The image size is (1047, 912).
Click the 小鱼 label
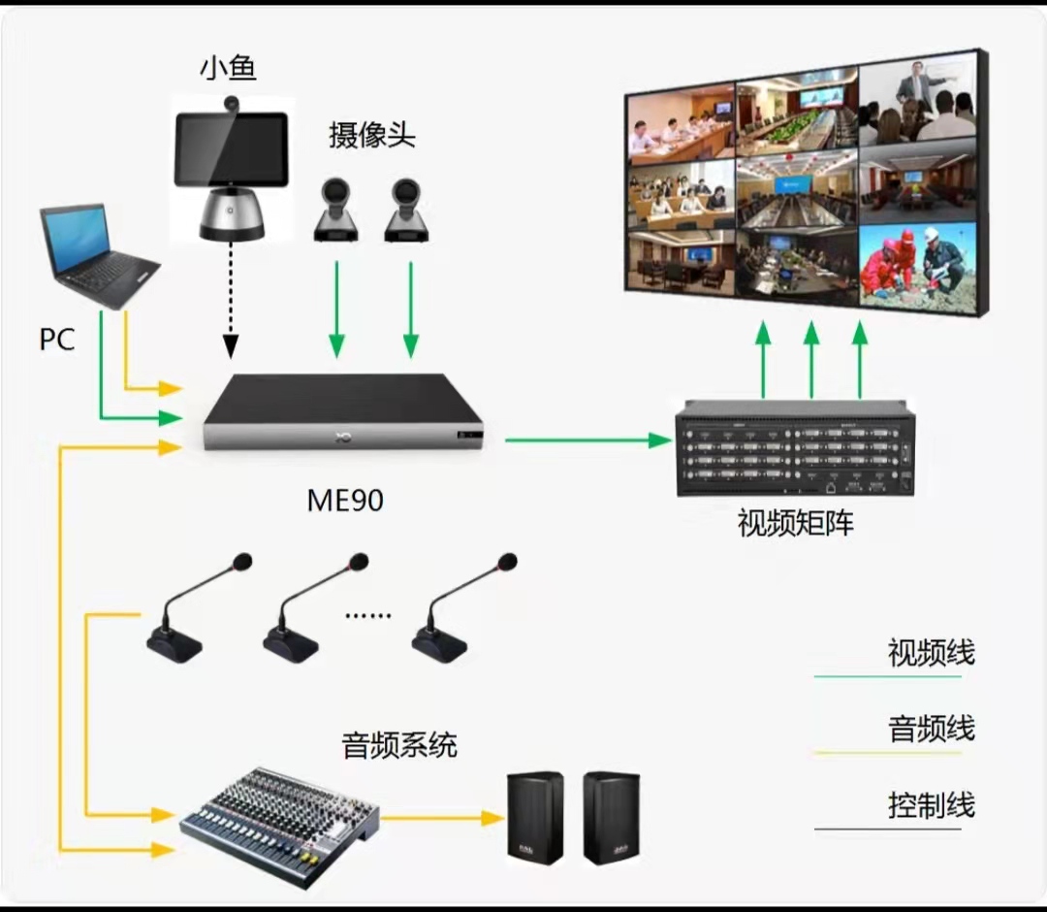[x=229, y=68]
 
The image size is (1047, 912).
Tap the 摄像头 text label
[x=372, y=135]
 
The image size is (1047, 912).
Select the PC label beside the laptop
[x=57, y=340]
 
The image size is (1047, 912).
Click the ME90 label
[x=345, y=500]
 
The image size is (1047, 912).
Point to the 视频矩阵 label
[x=795, y=524]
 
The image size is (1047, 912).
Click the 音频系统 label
[x=399, y=746]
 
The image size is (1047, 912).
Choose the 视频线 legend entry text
[x=931, y=653]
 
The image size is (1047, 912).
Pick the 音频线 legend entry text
[x=931, y=729]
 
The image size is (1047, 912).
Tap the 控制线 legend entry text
[x=931, y=805]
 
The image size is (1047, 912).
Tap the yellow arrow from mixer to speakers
[x=442, y=818]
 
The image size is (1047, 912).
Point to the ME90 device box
[x=345, y=412]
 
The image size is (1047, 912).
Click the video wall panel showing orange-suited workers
[x=916, y=268]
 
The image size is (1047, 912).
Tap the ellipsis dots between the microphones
[x=368, y=614]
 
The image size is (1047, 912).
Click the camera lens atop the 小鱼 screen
[x=232, y=102]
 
